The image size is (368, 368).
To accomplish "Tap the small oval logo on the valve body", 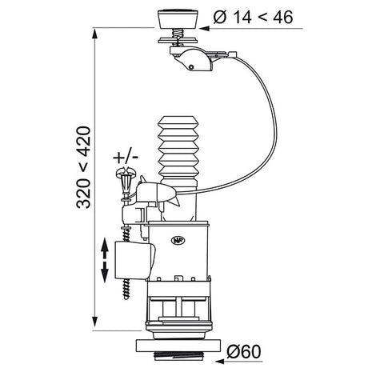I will pos(180,238).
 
